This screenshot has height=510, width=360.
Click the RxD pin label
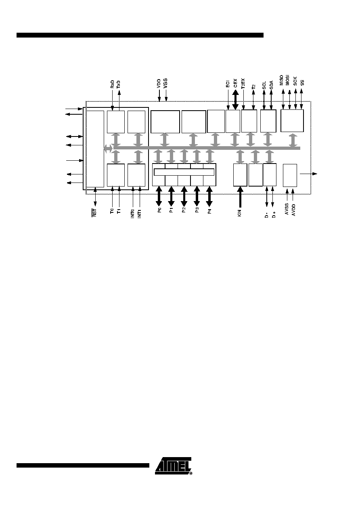[x=112, y=84]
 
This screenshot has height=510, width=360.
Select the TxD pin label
[x=118, y=85]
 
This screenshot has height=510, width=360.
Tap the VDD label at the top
[x=159, y=84]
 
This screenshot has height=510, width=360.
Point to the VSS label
[x=165, y=83]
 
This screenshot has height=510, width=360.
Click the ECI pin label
[x=228, y=85]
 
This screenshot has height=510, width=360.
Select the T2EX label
[x=243, y=84]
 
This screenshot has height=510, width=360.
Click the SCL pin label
[x=264, y=85]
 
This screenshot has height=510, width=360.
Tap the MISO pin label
[x=281, y=80]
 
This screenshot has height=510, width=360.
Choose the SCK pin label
[x=295, y=81]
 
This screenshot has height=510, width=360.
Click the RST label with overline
[x=95, y=213]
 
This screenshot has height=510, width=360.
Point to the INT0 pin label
[x=133, y=214]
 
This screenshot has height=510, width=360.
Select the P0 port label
[x=159, y=210]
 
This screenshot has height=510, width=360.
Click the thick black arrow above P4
[x=209, y=196]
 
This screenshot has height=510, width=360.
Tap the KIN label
[x=239, y=213]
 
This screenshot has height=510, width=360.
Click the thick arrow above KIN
[x=240, y=197]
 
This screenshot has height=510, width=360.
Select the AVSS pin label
[x=287, y=209]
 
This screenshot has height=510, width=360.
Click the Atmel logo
[x=174, y=466]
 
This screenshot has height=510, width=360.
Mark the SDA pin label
[x=271, y=85]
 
